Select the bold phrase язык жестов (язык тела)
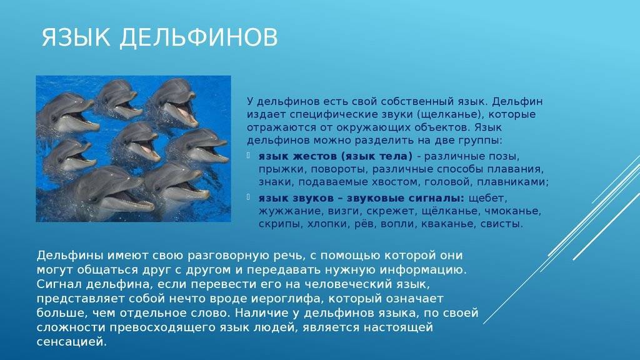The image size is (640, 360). pos(335,156)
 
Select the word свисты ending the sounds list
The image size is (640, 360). pos(502,223)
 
